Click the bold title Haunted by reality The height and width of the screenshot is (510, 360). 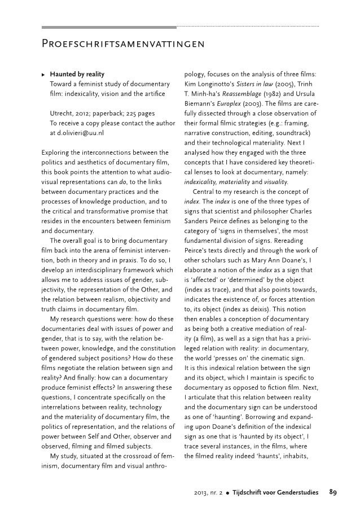77,74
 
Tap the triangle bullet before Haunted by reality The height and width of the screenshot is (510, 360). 44,75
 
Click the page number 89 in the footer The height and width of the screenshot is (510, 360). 333,491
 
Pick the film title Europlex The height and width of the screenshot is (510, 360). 225,103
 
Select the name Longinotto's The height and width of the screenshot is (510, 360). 212,84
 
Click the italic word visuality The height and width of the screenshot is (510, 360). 274,182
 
